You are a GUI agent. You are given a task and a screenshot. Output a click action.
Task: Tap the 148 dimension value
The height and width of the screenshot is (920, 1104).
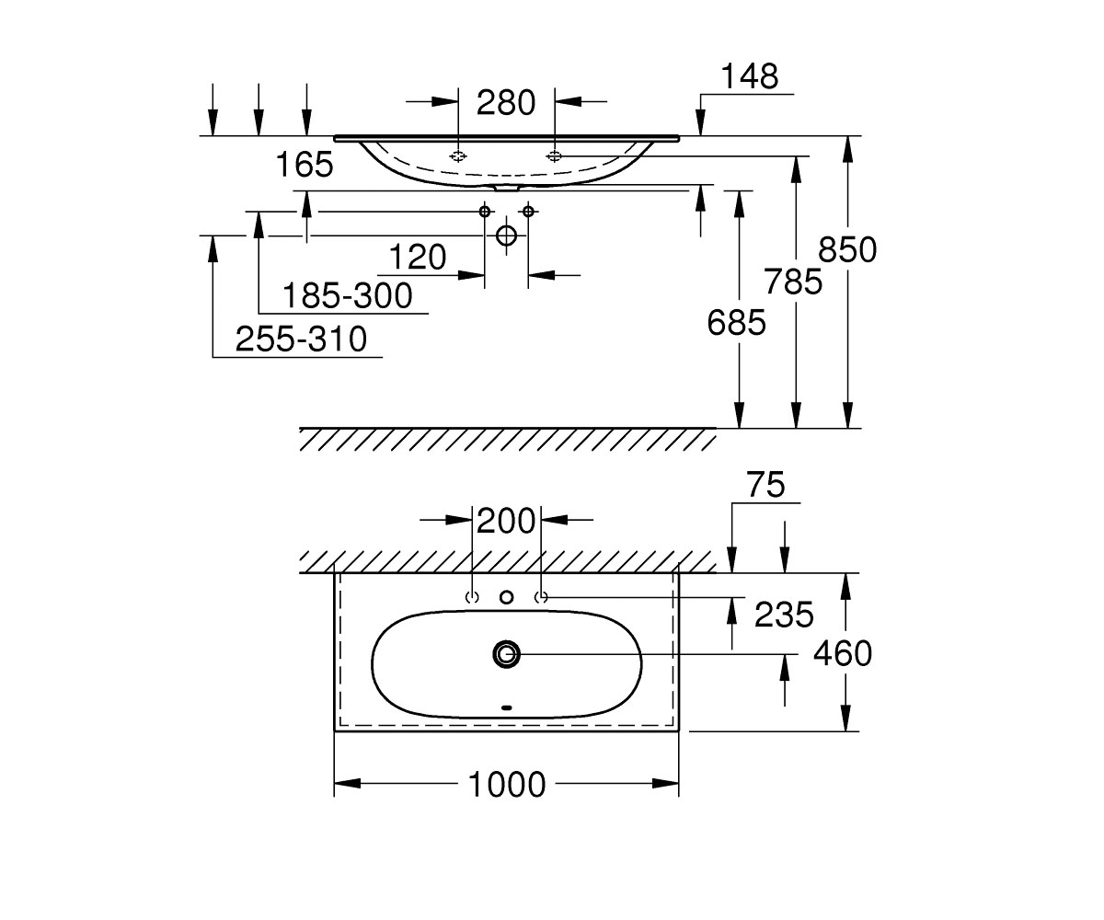pyautogui.click(x=750, y=76)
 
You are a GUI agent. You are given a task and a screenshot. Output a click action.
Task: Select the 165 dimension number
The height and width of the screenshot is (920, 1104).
pyautogui.click(x=305, y=165)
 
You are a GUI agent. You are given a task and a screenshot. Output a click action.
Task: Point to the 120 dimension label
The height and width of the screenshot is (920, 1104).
pyautogui.click(x=418, y=258)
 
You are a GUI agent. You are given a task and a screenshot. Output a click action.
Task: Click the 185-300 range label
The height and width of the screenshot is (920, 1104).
pyautogui.click(x=348, y=295)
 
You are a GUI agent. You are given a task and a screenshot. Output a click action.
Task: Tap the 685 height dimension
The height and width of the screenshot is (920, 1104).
pyautogui.click(x=737, y=323)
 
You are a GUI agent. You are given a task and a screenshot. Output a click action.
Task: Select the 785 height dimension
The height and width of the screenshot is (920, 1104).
pyautogui.click(x=793, y=282)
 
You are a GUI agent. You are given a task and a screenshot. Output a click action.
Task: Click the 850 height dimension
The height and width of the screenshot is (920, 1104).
pyautogui.click(x=847, y=249)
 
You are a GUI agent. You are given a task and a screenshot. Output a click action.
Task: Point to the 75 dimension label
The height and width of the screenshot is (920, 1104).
pyautogui.click(x=766, y=485)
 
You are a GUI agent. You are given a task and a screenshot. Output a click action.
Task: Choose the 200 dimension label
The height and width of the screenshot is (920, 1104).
pyautogui.click(x=506, y=522)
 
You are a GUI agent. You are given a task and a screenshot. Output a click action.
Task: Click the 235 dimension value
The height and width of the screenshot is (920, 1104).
pyautogui.click(x=784, y=615)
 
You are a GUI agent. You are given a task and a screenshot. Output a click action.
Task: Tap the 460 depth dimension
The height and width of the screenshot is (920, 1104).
pyautogui.click(x=843, y=653)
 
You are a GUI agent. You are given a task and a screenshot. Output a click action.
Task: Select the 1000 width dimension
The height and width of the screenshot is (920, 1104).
pyautogui.click(x=507, y=784)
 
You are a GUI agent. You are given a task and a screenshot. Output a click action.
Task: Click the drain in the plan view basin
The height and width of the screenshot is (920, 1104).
pyautogui.click(x=507, y=654)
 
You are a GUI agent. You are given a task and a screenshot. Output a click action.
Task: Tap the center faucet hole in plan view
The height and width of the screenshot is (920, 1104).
pyautogui.click(x=507, y=597)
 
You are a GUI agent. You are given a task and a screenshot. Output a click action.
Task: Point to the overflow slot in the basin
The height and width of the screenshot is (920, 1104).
pyautogui.click(x=507, y=708)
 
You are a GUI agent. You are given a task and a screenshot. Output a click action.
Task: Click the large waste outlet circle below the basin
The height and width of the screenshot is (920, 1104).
pyautogui.click(x=507, y=236)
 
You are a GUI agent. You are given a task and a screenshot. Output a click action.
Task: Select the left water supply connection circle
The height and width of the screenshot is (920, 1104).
pyautogui.click(x=484, y=212)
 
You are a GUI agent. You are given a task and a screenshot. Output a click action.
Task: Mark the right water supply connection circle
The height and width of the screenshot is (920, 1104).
pyautogui.click(x=528, y=212)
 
